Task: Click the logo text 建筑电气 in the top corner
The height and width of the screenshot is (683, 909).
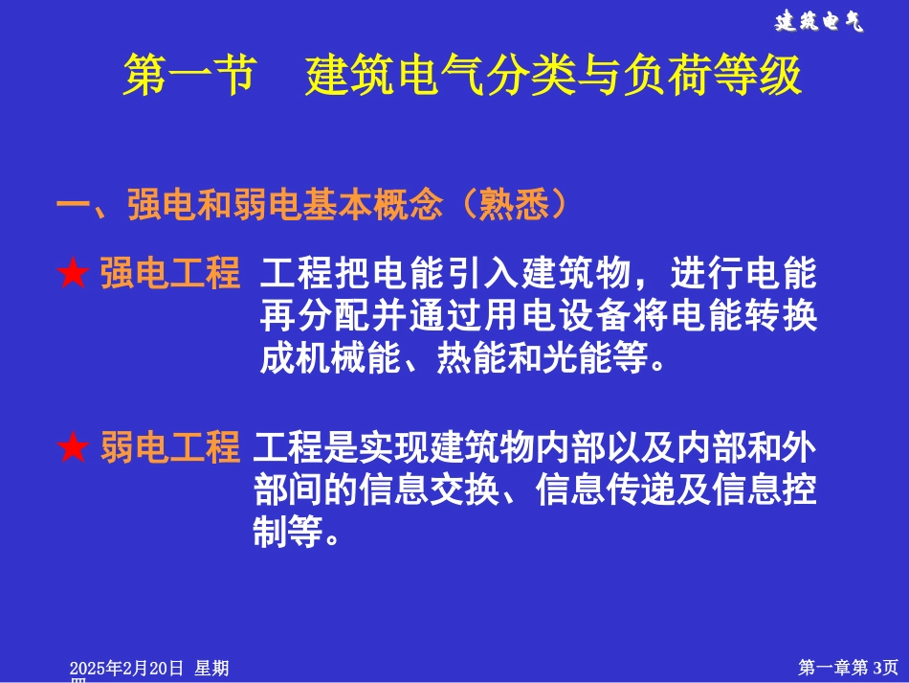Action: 818,22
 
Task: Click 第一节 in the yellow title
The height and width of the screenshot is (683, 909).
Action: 189,76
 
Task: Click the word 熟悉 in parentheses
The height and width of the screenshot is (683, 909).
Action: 522,205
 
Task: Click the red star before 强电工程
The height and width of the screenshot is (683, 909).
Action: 74,276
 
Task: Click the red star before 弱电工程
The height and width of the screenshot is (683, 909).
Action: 74,448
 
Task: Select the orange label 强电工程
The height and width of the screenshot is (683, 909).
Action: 169,274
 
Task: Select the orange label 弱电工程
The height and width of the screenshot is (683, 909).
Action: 169,447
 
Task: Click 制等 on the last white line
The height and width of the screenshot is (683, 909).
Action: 288,532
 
